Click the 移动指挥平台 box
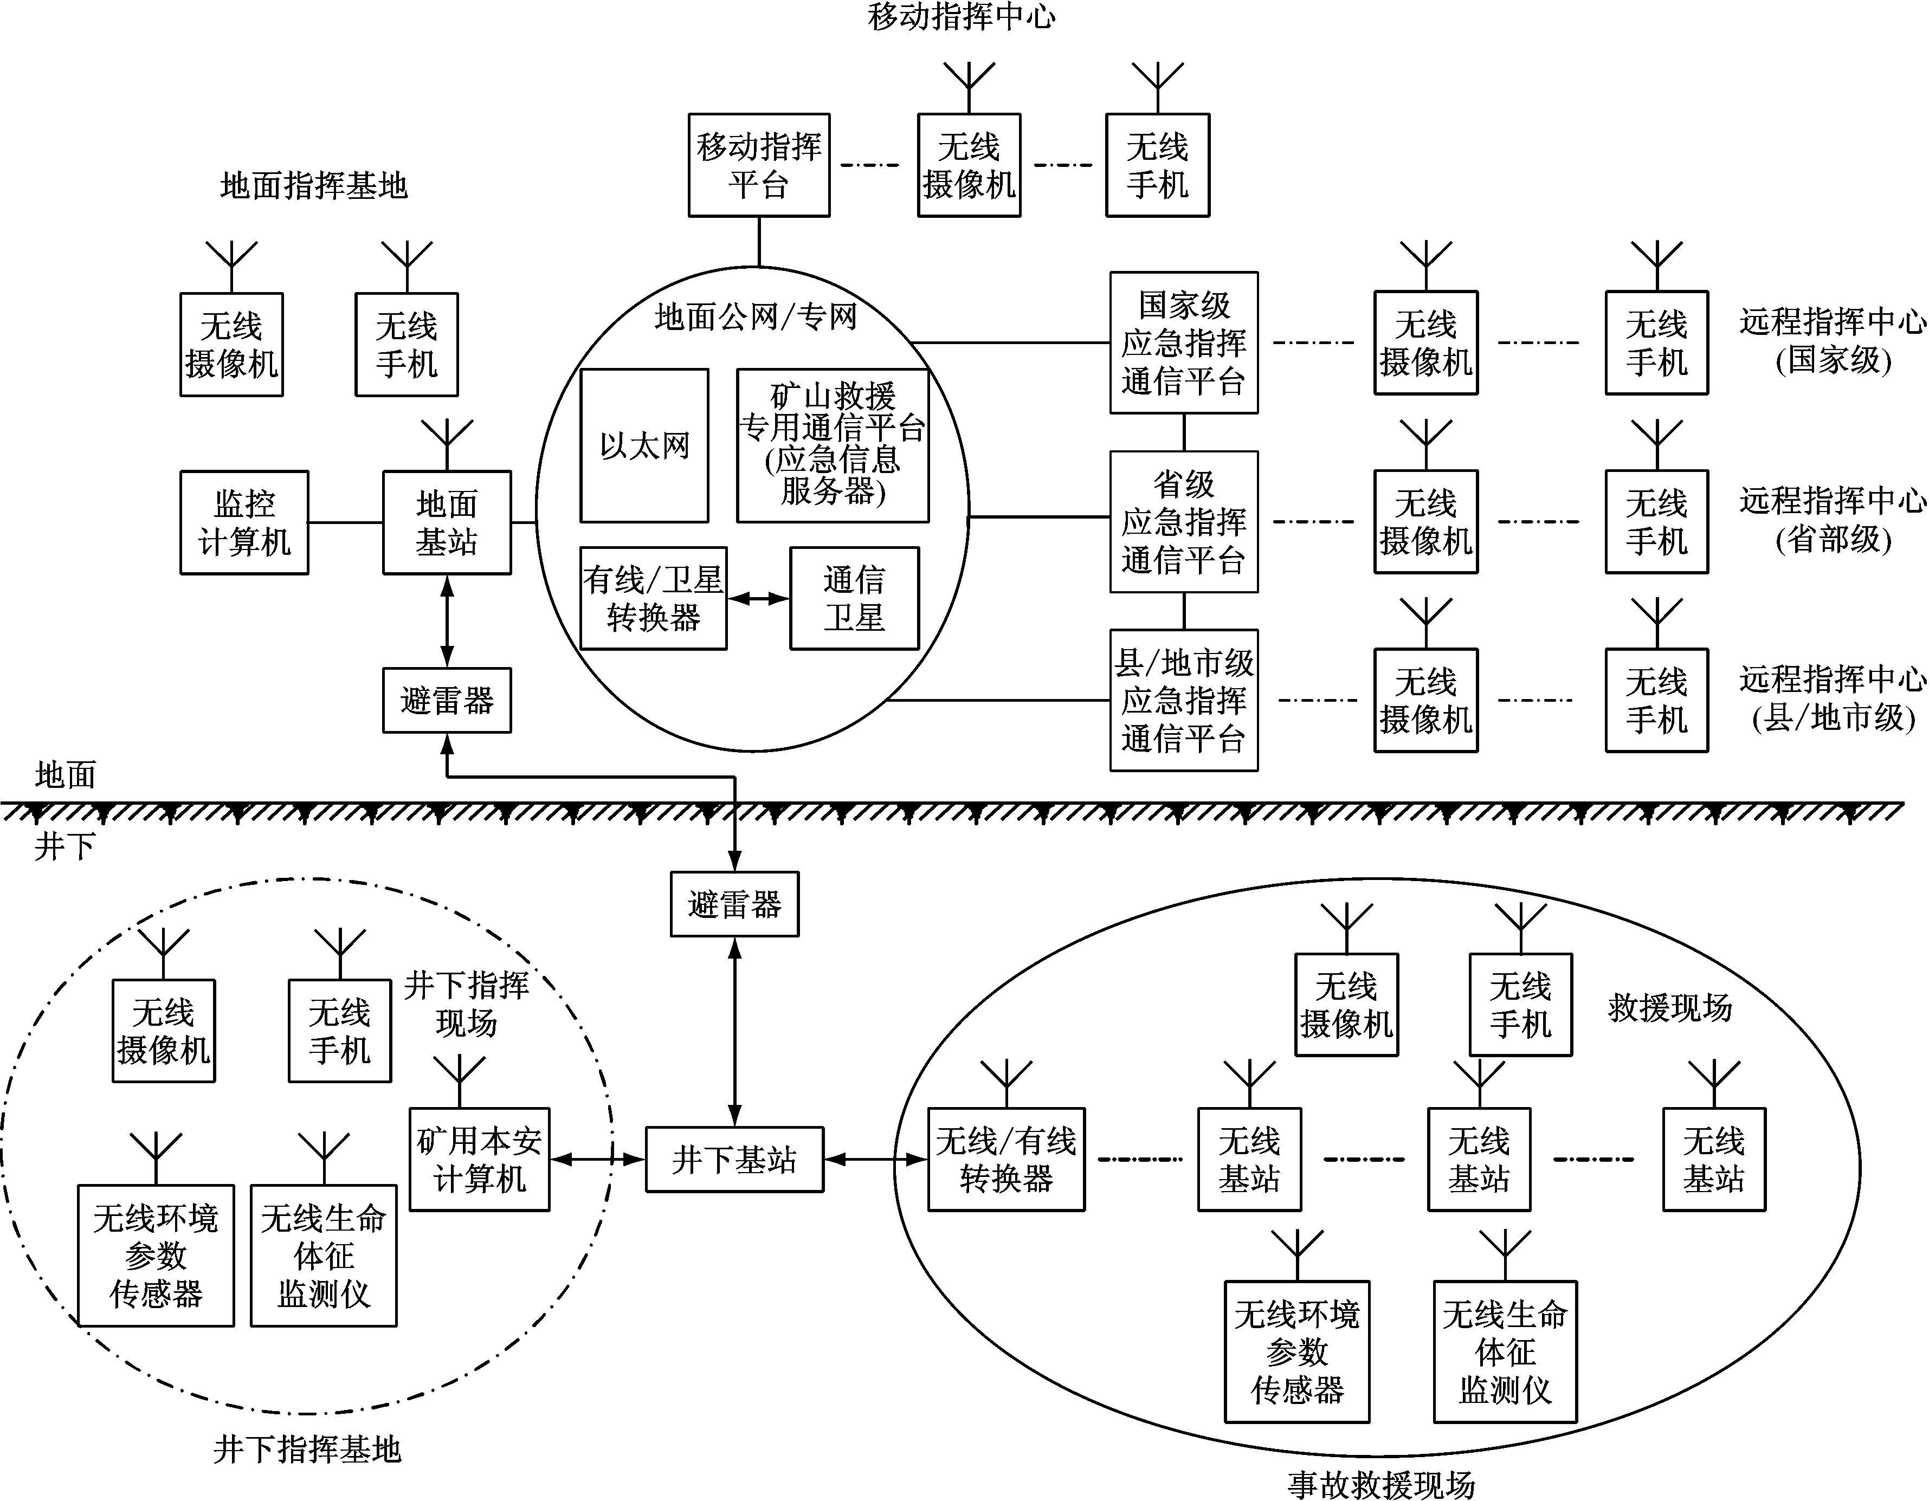759,165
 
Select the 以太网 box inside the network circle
644,446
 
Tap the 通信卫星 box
854,599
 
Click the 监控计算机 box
244,523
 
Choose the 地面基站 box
447,523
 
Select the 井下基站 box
734,1159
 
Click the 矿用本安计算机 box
479,1159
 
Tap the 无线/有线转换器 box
1006,1159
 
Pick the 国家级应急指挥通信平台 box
1184,342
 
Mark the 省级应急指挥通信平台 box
1184,522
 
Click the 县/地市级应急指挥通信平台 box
1184,700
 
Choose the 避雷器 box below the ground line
734,904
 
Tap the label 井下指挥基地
306,1450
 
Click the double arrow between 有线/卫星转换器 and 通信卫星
758,599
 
